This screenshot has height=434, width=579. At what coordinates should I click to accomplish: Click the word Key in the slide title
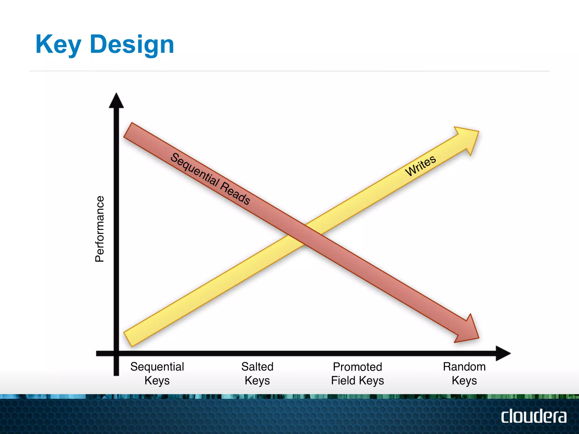pyautogui.click(x=58, y=45)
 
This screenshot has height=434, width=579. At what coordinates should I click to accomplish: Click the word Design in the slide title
pyautogui.click(x=132, y=45)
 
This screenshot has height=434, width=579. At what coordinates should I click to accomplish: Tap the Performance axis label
pyautogui.click(x=100, y=229)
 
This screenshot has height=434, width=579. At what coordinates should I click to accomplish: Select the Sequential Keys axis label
pyautogui.click(x=157, y=373)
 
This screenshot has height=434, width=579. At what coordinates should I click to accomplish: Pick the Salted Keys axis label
pyautogui.click(x=257, y=373)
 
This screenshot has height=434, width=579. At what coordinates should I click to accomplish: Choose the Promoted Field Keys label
pyautogui.click(x=357, y=373)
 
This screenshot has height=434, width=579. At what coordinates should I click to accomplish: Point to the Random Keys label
pyautogui.click(x=464, y=373)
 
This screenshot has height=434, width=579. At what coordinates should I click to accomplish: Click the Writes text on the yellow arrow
pyautogui.click(x=420, y=166)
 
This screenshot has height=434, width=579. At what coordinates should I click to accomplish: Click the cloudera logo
pyautogui.click(x=533, y=416)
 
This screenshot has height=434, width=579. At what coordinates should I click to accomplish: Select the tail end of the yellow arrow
pyautogui.click(x=129, y=339)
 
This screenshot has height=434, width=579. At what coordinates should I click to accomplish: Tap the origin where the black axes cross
pyautogui.click(x=116, y=353)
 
